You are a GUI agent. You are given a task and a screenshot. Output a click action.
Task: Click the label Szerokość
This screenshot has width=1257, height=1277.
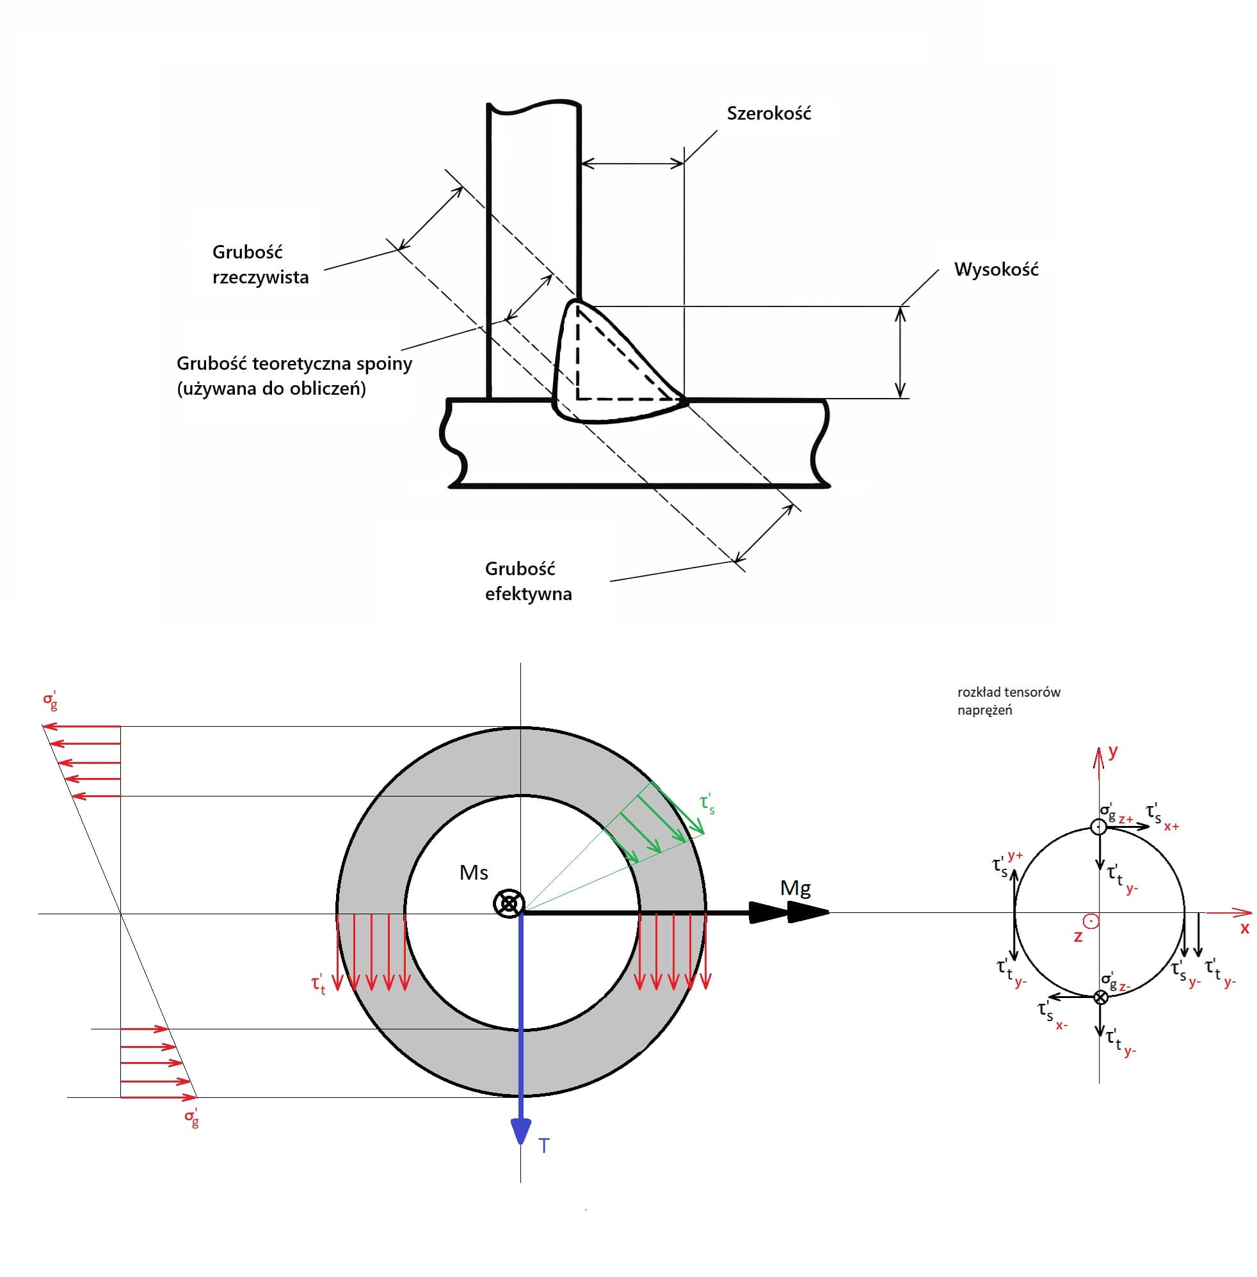point(769,113)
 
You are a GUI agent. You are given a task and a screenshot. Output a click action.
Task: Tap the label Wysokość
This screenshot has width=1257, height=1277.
point(996,269)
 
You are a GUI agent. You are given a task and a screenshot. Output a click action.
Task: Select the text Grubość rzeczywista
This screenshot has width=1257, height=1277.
point(260,264)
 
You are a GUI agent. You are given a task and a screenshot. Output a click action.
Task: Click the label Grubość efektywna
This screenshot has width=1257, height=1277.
point(528,581)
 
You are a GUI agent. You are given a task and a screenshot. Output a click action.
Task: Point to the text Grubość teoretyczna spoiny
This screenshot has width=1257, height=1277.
point(294,363)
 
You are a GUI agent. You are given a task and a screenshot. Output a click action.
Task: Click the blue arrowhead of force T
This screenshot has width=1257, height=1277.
point(521,1130)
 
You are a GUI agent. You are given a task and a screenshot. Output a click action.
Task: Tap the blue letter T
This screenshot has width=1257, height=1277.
point(543,1146)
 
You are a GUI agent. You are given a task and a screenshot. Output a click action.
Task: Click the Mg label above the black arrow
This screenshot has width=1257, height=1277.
point(795,888)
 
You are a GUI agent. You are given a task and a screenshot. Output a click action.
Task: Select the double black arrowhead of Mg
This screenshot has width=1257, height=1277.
point(790,912)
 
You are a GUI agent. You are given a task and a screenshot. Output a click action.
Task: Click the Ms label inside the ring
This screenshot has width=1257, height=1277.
point(474,873)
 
